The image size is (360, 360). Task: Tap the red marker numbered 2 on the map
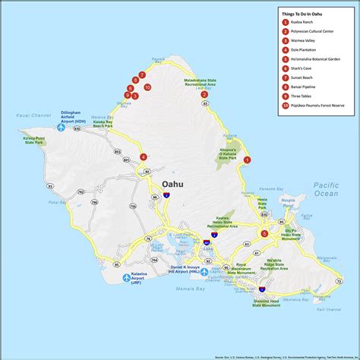coord(204,94)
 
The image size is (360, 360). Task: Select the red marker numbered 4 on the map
coord(144,157)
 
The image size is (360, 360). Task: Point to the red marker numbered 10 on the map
coord(147,87)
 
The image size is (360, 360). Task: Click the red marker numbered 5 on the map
coord(264,234)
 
